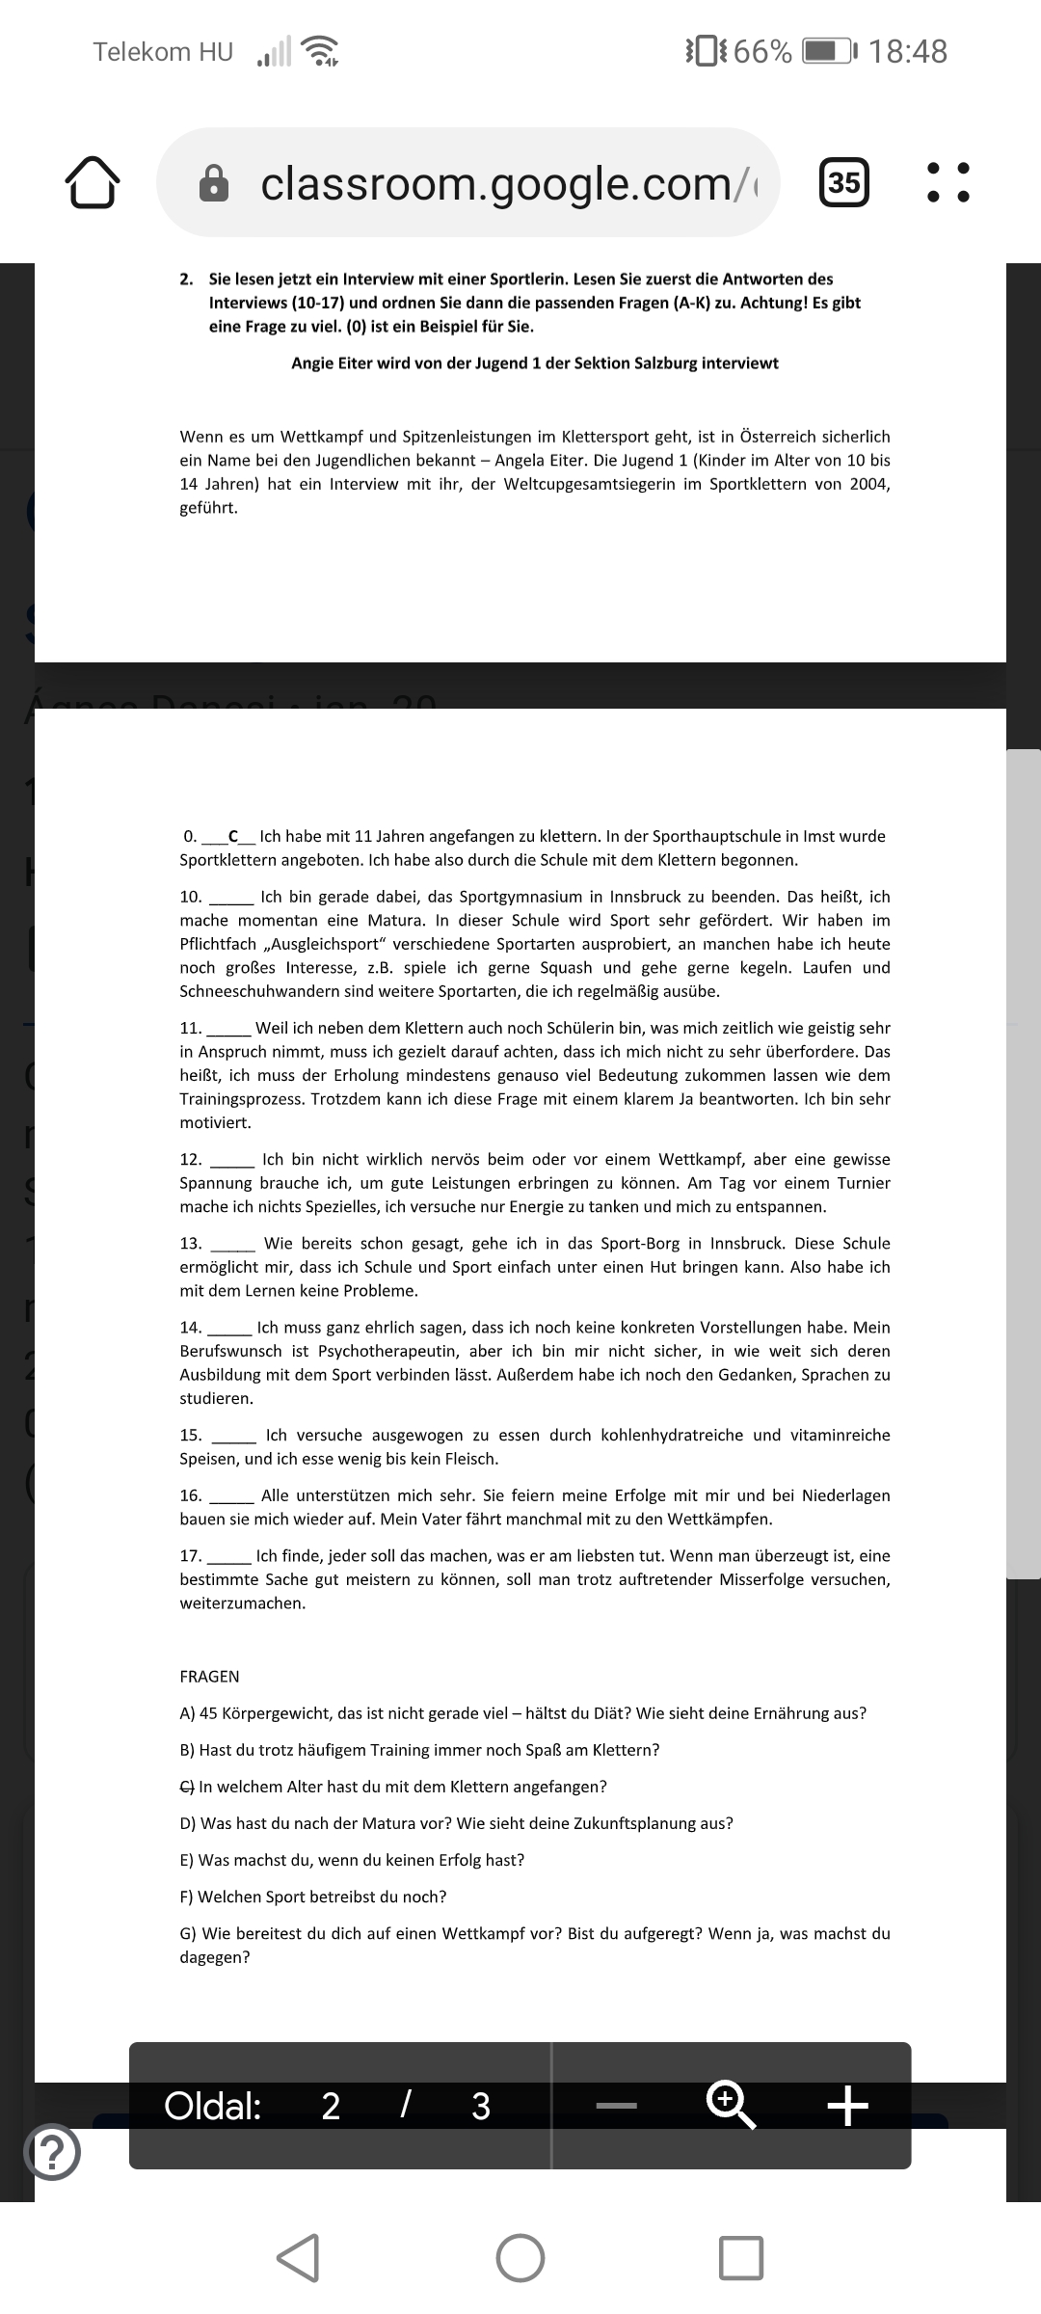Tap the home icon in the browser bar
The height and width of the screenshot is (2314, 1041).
[93, 182]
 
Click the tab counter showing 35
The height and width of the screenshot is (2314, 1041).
[843, 182]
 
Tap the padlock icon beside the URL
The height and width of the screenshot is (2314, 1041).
[213, 183]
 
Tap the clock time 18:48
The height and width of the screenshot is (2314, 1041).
[908, 51]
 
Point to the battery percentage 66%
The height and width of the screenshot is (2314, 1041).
[762, 51]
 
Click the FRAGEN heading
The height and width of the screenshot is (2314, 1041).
[209, 1677]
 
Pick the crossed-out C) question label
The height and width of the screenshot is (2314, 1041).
[187, 1787]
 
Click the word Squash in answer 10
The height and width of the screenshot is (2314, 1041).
[566, 967]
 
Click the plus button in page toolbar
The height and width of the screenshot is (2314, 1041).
[848, 2106]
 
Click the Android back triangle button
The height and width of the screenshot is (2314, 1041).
[299, 2257]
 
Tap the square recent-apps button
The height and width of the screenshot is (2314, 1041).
[741, 2257]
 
